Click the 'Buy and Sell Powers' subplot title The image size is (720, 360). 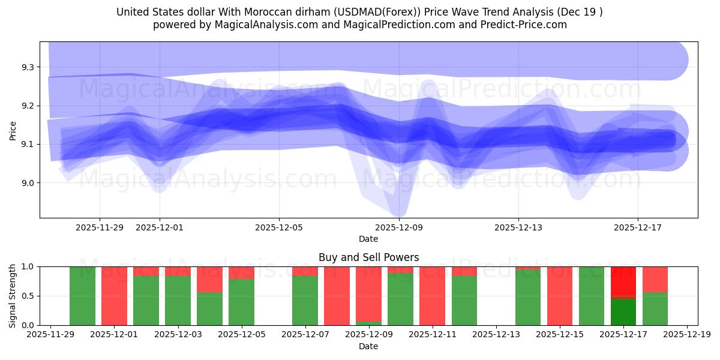[368, 257]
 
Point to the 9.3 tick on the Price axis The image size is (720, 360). [28, 67]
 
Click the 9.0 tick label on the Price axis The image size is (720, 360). [28, 183]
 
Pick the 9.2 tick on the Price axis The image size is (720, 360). [28, 106]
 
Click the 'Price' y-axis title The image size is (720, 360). [13, 130]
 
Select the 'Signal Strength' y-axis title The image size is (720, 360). [13, 296]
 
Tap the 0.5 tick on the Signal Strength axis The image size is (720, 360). [28, 296]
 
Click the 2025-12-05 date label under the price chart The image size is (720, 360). [279, 228]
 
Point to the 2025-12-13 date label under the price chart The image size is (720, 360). [518, 228]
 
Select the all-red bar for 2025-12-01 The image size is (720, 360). [114, 296]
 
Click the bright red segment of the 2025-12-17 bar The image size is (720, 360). [623, 281]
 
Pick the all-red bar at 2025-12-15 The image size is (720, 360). [560, 296]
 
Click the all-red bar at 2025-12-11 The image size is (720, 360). [433, 296]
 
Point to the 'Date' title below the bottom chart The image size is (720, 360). [368, 346]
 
